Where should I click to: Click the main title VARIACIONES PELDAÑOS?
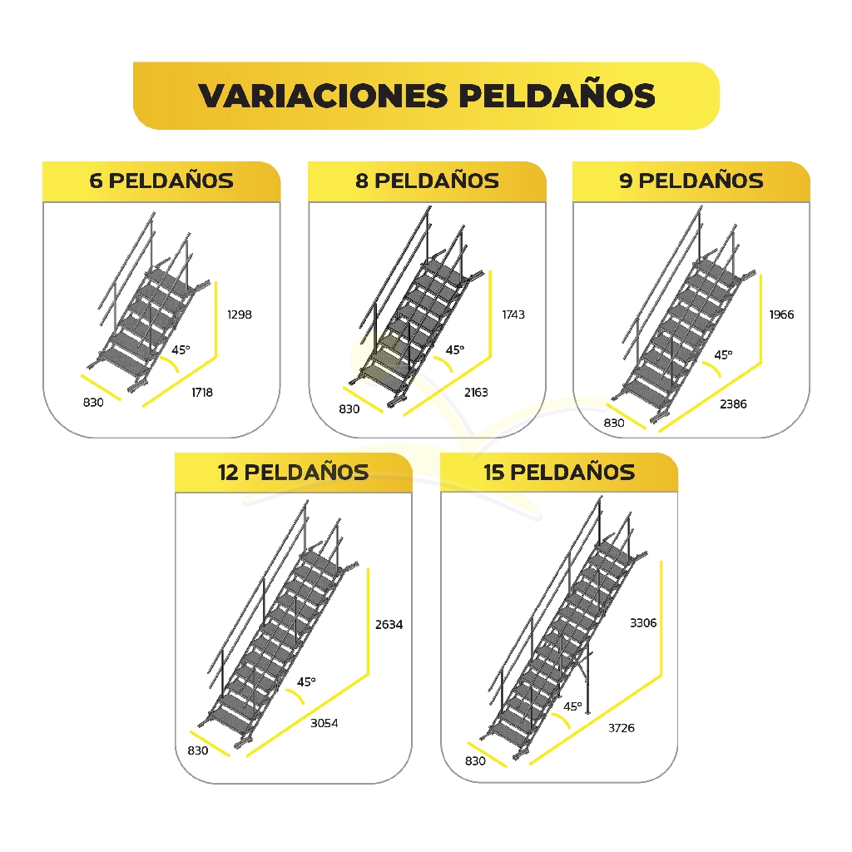point(427,96)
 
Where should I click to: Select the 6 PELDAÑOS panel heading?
point(161,181)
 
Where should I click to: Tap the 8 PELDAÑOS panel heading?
point(427,181)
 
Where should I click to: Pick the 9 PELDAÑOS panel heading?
point(691,181)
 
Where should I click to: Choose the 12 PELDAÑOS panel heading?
point(294,473)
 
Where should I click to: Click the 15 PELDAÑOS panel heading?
point(559,473)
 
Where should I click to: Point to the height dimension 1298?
point(240,315)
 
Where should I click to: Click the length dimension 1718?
point(202,393)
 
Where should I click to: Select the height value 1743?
point(513,315)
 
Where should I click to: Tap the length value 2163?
point(476,393)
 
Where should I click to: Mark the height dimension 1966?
point(781,315)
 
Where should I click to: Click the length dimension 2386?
point(734,404)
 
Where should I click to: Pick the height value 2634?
point(389,624)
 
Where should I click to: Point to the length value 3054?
point(324,723)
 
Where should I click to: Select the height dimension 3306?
point(643,622)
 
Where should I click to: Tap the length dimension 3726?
point(621,728)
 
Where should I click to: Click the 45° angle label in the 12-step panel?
point(306,681)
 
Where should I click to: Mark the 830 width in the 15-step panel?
point(475,760)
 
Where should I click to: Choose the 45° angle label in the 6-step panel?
point(181,350)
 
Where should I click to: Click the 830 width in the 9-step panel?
point(614,423)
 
